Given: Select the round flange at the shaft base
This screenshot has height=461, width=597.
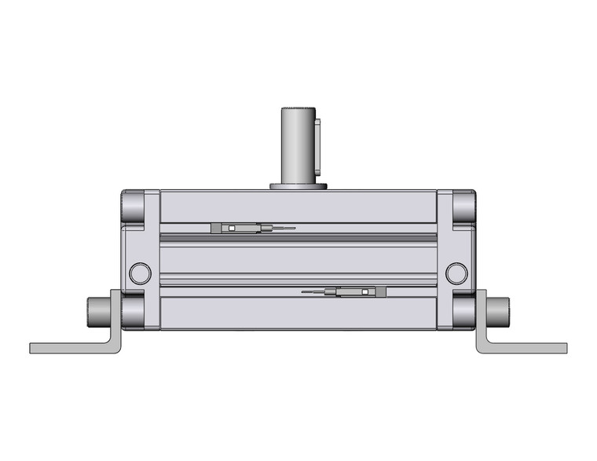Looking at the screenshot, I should pyautogui.click(x=298, y=187).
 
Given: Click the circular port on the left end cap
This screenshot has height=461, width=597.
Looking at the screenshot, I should pyautogui.click(x=140, y=273).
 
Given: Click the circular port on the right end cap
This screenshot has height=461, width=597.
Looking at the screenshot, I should pyautogui.click(x=456, y=273).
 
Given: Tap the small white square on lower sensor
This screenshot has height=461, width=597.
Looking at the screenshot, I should pyautogui.click(x=366, y=292).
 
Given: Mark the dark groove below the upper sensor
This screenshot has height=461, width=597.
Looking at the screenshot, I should pyautogui.click(x=298, y=237).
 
